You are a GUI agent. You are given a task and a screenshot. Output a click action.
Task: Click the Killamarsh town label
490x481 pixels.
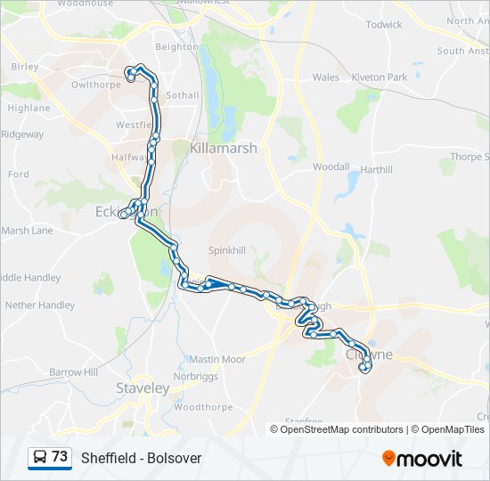[x=223, y=148]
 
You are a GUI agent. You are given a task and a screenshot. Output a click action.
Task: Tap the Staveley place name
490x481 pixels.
[x=143, y=388]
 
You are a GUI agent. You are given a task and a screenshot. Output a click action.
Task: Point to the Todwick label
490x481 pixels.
[x=384, y=25]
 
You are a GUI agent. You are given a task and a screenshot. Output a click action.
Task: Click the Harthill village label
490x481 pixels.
[x=376, y=169]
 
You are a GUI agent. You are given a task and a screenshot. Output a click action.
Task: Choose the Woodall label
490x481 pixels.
[x=330, y=167]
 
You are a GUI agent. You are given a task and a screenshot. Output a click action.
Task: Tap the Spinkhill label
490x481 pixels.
[x=226, y=251]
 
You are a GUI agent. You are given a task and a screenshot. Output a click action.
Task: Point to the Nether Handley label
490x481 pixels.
[x=40, y=305]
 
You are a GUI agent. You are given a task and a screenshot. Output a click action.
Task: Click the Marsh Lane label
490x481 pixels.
[x=27, y=231]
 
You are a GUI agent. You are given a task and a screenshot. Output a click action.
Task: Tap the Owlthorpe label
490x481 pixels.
[x=95, y=86]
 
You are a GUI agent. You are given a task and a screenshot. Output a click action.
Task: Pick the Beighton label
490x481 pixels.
[x=176, y=46]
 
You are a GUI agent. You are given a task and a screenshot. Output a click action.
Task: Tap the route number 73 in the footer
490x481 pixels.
[x=60, y=457]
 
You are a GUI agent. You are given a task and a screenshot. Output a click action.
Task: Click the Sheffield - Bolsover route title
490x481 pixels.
[x=141, y=459]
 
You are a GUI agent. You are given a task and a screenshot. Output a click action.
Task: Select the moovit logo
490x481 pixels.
[x=422, y=459]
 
